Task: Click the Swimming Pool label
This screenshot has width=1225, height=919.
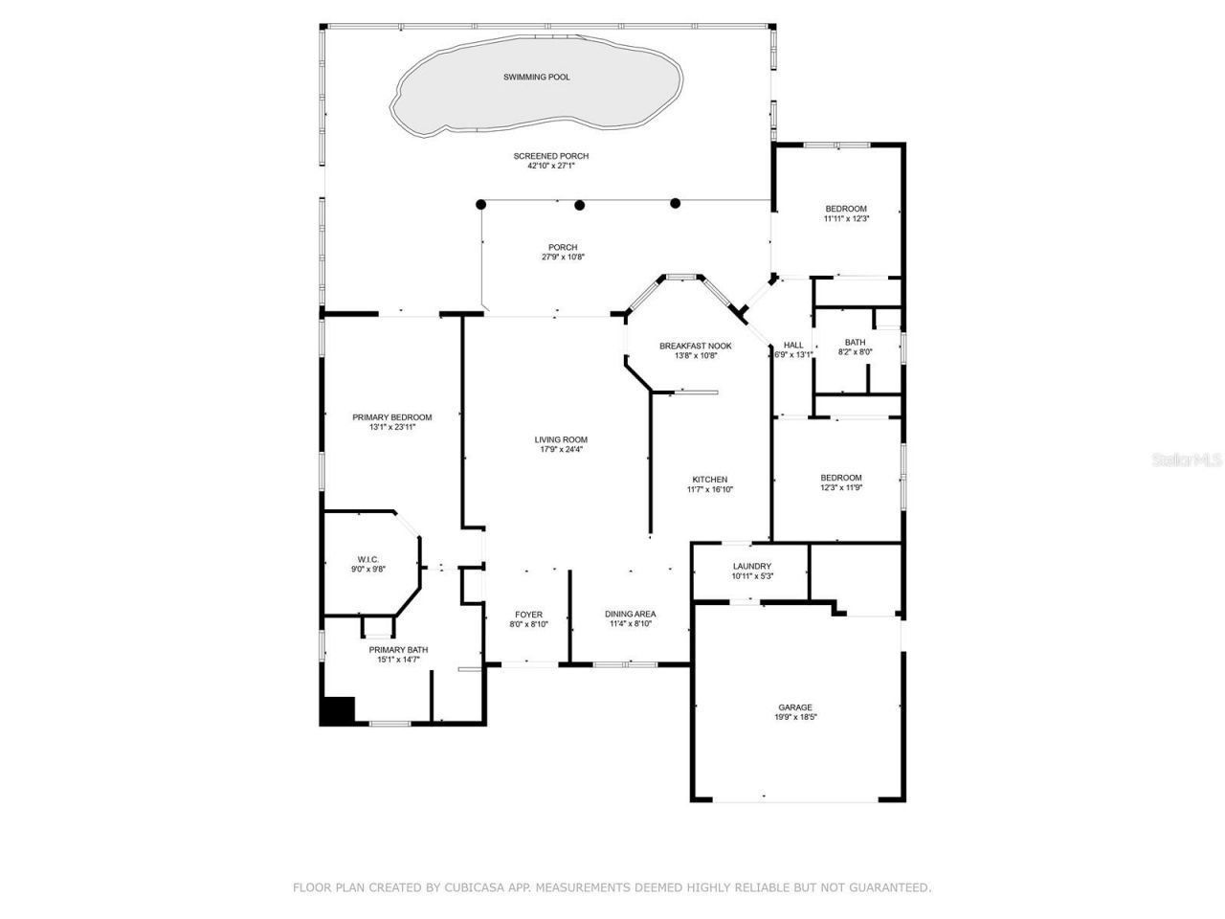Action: (x=536, y=77)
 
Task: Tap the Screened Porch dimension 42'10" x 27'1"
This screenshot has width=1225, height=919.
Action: (x=550, y=166)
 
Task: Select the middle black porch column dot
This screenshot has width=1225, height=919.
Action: (x=579, y=204)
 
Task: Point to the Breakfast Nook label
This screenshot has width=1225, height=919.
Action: (x=695, y=346)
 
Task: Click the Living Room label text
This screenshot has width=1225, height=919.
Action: (x=561, y=439)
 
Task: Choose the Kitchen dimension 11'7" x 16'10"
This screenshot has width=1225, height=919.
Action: (x=710, y=489)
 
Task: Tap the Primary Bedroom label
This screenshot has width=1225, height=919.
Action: (x=391, y=417)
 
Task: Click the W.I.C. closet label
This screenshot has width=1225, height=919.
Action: (x=368, y=559)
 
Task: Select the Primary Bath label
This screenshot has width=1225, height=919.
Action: (x=398, y=650)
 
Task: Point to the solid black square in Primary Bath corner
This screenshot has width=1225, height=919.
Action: (x=337, y=710)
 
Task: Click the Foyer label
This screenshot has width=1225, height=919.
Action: (x=528, y=615)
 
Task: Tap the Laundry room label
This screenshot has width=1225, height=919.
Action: (x=751, y=566)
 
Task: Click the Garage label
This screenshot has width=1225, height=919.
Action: (x=794, y=707)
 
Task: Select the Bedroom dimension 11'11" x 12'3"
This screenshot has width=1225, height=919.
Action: (x=846, y=219)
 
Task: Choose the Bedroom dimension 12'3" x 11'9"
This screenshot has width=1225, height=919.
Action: (x=840, y=488)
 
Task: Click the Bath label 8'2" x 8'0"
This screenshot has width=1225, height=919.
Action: (x=855, y=343)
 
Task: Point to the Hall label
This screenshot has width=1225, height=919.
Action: (x=793, y=345)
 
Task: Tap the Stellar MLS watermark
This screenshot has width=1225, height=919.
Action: (x=1187, y=459)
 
